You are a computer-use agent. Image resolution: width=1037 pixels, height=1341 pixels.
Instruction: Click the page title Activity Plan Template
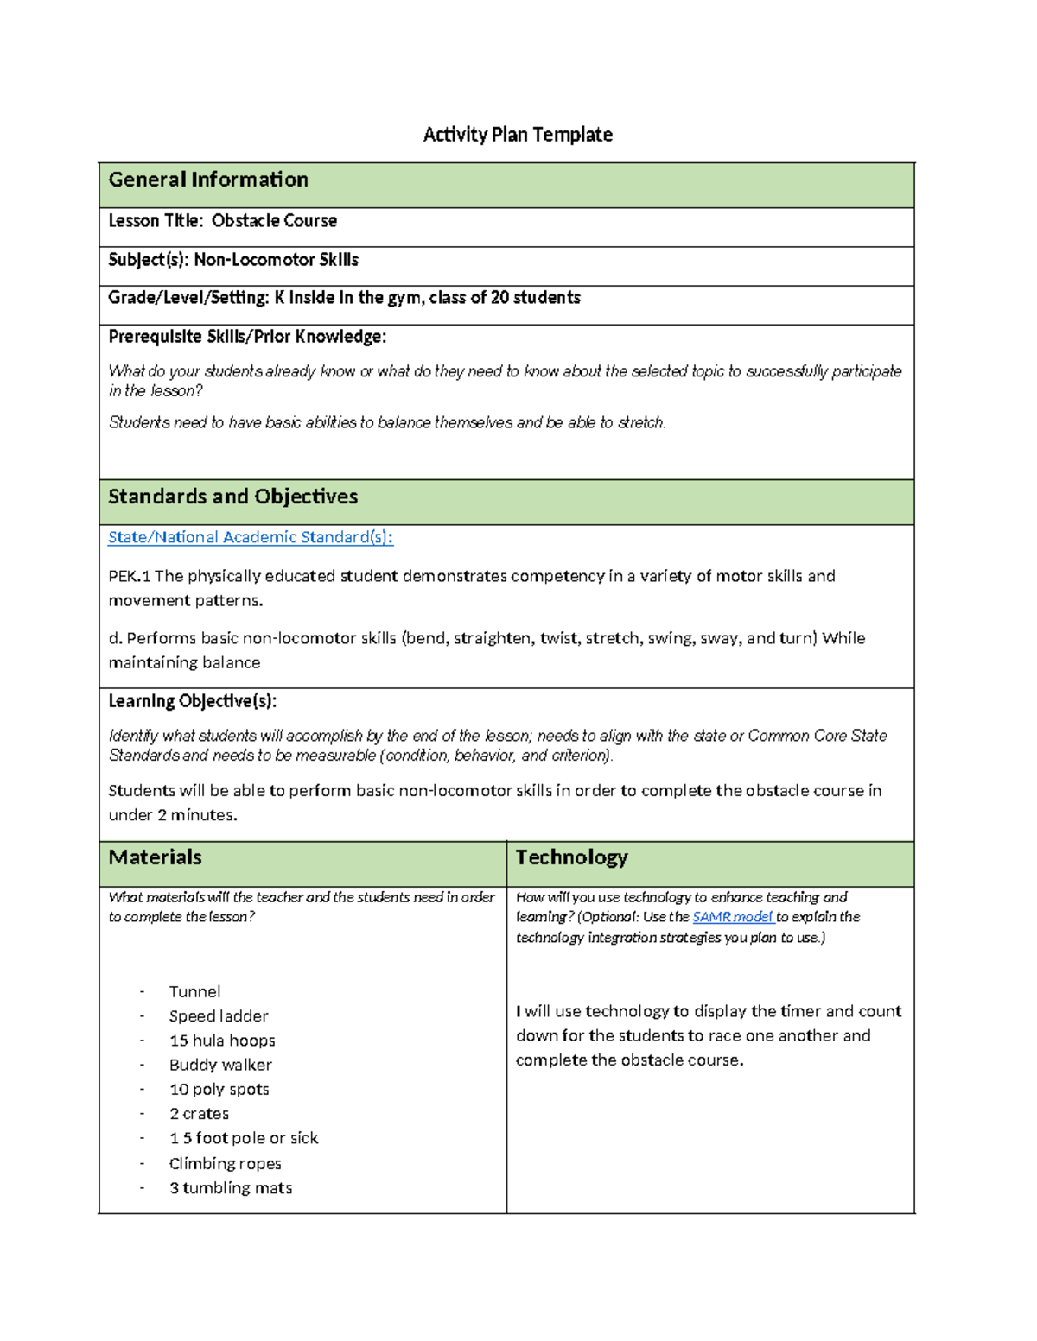click(x=518, y=135)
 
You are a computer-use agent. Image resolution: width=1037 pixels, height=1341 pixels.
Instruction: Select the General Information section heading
click(x=208, y=180)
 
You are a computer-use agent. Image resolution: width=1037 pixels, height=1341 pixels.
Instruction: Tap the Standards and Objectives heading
click(x=232, y=497)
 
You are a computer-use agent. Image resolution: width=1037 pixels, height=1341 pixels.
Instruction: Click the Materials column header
click(x=156, y=857)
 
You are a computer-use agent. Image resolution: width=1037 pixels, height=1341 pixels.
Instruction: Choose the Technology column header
click(x=571, y=857)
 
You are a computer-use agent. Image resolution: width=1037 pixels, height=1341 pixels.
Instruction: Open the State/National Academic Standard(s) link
click(x=251, y=537)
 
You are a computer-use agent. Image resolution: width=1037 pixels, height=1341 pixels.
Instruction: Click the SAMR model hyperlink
click(x=732, y=917)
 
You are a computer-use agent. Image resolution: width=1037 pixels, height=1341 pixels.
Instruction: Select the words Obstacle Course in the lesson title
click(x=274, y=221)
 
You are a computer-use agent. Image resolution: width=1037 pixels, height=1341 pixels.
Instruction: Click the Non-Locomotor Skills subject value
click(x=276, y=260)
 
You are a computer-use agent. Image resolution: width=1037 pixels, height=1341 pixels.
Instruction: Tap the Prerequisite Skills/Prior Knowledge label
click(x=247, y=337)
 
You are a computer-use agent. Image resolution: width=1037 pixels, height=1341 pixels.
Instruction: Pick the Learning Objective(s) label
click(x=192, y=701)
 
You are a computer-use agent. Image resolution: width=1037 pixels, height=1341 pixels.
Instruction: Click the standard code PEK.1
click(x=129, y=576)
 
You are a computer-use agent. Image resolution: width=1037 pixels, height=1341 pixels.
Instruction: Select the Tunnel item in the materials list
click(x=194, y=991)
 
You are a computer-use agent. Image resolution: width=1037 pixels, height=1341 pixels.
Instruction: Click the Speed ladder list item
click(x=219, y=1016)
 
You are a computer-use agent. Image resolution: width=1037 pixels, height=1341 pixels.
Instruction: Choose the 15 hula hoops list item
click(x=222, y=1041)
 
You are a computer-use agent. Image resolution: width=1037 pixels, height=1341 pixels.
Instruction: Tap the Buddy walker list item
click(x=220, y=1065)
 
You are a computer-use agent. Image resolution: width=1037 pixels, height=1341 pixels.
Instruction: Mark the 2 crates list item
click(x=199, y=1114)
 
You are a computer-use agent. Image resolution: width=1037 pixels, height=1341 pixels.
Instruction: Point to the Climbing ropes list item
click(x=226, y=1163)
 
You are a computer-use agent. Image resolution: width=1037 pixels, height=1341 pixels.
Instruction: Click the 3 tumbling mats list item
click(x=231, y=1188)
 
